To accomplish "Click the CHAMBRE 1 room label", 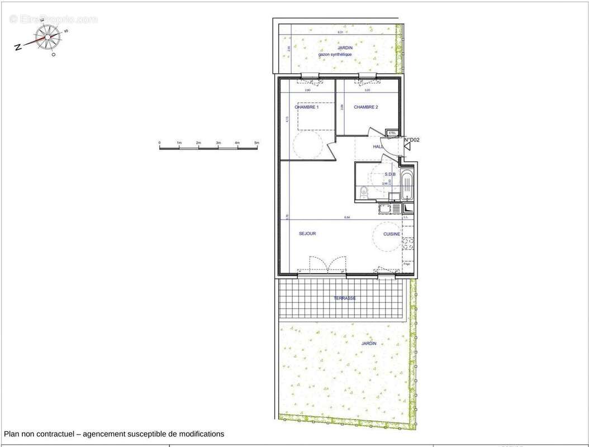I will click(306, 107).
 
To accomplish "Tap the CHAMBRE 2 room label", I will click(366, 107).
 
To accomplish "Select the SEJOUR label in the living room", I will click(307, 234).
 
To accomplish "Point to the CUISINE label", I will click(391, 234).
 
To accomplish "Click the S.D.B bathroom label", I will click(389, 174).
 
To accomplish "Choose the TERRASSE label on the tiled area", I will click(345, 298).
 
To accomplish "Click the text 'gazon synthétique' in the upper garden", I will click(335, 54).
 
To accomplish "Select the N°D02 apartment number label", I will click(412, 140).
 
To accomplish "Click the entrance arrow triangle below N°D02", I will click(407, 147).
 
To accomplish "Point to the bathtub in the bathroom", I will click(408, 187).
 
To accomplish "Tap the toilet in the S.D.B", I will click(364, 192).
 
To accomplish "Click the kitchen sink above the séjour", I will click(385, 208).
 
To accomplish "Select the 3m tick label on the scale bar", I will click(218, 144).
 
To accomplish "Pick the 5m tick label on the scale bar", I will click(256, 144).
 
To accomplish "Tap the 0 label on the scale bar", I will click(160, 144).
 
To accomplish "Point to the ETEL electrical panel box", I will click(392, 133).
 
